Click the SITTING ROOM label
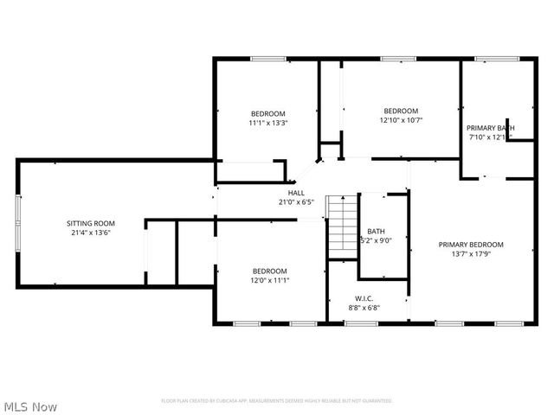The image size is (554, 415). pyautogui.click(x=91, y=223)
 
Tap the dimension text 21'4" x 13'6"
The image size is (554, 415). pyautogui.click(x=91, y=233)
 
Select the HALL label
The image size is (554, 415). pyautogui.click(x=296, y=193)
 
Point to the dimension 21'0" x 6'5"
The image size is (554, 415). pyautogui.click(x=296, y=202)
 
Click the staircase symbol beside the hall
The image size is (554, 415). pyautogui.click(x=341, y=226)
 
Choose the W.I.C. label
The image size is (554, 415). pyautogui.click(x=364, y=297)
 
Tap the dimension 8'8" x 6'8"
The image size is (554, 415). pyautogui.click(x=364, y=307)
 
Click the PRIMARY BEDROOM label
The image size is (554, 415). pyautogui.click(x=470, y=245)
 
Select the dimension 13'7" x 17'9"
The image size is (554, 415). pyautogui.click(x=470, y=254)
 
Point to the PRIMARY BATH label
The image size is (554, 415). pyautogui.click(x=491, y=128)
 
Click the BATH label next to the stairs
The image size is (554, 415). pyautogui.click(x=376, y=231)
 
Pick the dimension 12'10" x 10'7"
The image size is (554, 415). pyautogui.click(x=401, y=120)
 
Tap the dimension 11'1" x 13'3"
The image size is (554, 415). pyautogui.click(x=267, y=123)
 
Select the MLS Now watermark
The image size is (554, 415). pyautogui.click(x=30, y=405)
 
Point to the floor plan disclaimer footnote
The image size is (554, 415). pyautogui.click(x=277, y=401)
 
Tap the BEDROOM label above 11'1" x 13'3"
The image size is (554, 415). pyautogui.click(x=267, y=113)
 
